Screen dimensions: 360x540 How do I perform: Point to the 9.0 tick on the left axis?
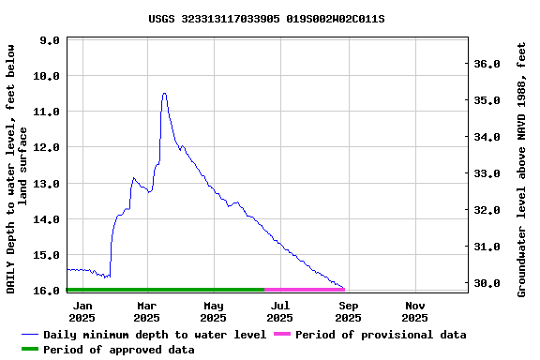(x=50, y=40)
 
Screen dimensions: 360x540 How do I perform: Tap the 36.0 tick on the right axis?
(x=487, y=64)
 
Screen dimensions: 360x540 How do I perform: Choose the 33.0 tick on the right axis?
(x=487, y=173)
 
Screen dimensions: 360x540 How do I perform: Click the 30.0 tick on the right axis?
(x=487, y=283)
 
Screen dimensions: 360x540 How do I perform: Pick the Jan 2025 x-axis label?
(x=82, y=311)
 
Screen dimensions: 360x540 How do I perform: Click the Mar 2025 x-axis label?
(x=147, y=311)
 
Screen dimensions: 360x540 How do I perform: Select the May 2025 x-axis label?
(x=214, y=311)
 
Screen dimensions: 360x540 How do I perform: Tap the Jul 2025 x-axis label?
(x=280, y=311)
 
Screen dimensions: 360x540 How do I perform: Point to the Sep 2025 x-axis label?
(x=348, y=311)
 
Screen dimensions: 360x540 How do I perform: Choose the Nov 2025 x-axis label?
(x=414, y=311)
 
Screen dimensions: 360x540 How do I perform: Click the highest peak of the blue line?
(x=164, y=93)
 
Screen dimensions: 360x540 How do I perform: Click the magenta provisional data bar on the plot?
(x=305, y=290)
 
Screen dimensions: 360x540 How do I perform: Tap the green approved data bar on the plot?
(x=165, y=290)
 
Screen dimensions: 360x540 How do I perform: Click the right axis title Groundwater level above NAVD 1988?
(x=522, y=169)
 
